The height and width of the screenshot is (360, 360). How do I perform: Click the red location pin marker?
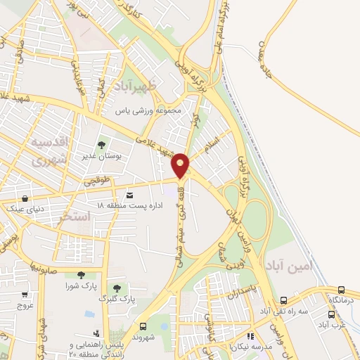pyautogui.click(x=181, y=165)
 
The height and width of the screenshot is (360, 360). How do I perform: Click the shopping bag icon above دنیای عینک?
pyautogui.click(x=25, y=198)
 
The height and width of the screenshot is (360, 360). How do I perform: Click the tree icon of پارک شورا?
pyautogui.click(x=81, y=275)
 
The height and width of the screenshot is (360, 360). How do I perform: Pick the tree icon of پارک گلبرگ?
pyautogui.click(x=117, y=288)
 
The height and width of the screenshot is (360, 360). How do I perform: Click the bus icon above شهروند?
pyautogui.click(x=143, y=326)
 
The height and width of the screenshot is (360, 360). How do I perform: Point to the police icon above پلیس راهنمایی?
pyautogui.click(x=96, y=333)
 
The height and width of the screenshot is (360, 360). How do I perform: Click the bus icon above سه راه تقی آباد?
pyautogui.click(x=283, y=300)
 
